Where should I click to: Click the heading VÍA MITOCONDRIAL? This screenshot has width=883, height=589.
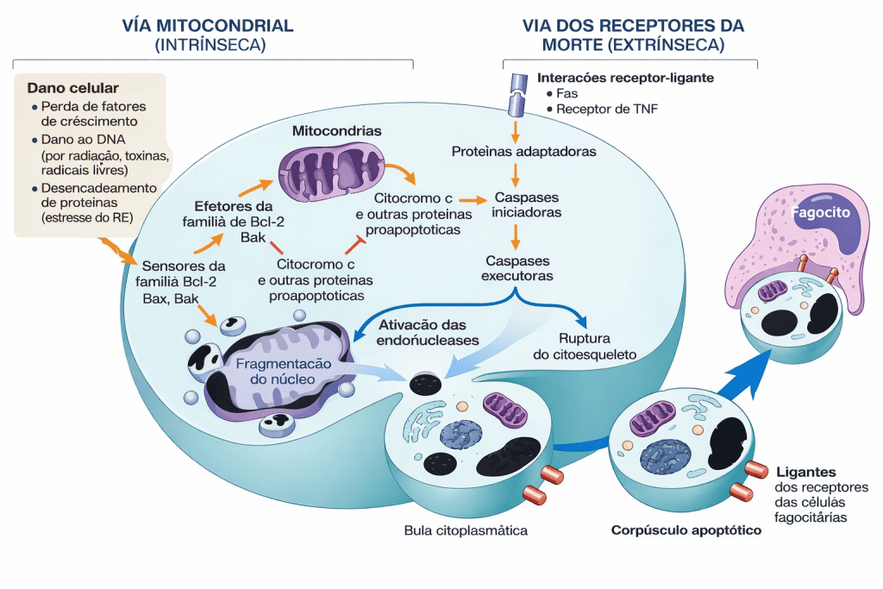pyautogui.click(x=209, y=25)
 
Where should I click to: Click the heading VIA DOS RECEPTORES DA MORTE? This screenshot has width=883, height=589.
pyautogui.click(x=631, y=25)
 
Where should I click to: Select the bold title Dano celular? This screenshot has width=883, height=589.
pyautogui.click(x=73, y=88)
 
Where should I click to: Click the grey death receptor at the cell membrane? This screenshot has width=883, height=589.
pyautogui.click(x=516, y=93)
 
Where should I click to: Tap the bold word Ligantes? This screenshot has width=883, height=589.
pyautogui.click(x=805, y=472)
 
